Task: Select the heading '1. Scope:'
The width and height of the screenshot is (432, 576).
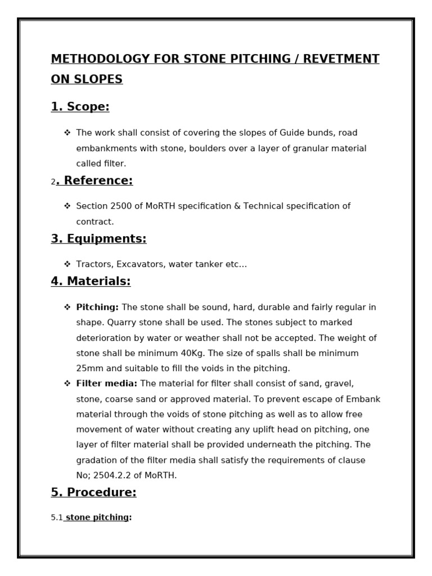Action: [x=80, y=107]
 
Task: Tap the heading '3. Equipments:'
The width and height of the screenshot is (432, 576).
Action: [x=98, y=238]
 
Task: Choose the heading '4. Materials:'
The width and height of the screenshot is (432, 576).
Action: [x=91, y=281]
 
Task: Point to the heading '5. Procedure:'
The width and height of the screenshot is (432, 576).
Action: [x=93, y=492]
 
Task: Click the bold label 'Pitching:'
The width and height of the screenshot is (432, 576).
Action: [x=97, y=307]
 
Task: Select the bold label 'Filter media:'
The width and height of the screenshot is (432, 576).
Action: [x=107, y=384]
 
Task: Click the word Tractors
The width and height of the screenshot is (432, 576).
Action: [x=94, y=264]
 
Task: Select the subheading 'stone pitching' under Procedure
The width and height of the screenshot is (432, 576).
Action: [x=97, y=517]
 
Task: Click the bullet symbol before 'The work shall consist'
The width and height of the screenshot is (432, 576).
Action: [x=67, y=133]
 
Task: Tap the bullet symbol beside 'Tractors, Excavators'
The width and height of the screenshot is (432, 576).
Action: [x=67, y=264]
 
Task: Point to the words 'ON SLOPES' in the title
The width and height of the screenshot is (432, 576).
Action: [x=87, y=79]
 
